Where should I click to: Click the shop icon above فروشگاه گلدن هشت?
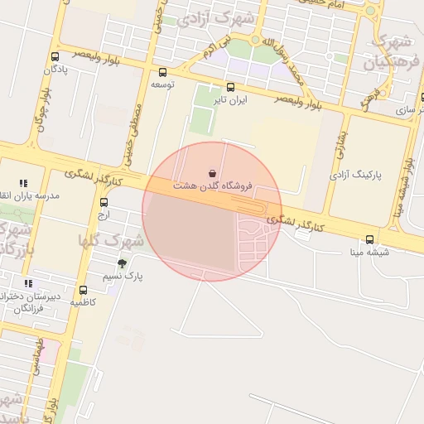(213, 173)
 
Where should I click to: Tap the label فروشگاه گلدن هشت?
(214, 187)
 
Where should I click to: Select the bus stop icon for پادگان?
(55, 57)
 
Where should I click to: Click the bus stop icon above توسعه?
(162, 72)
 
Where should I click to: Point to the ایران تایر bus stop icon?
(230, 87)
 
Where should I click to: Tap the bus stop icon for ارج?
(104, 202)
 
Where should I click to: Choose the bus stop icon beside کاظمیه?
(83, 290)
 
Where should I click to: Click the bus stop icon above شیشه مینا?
(369, 240)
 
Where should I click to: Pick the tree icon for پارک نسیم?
(123, 264)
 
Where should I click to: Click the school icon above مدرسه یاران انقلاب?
(23, 183)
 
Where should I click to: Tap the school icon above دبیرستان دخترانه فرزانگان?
(28, 284)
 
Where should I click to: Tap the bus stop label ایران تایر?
(231, 99)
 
